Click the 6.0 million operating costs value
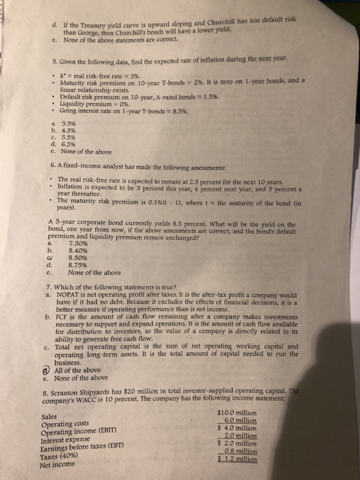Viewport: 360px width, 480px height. coord(273,419)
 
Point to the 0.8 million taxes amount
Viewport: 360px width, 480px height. coord(273,452)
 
